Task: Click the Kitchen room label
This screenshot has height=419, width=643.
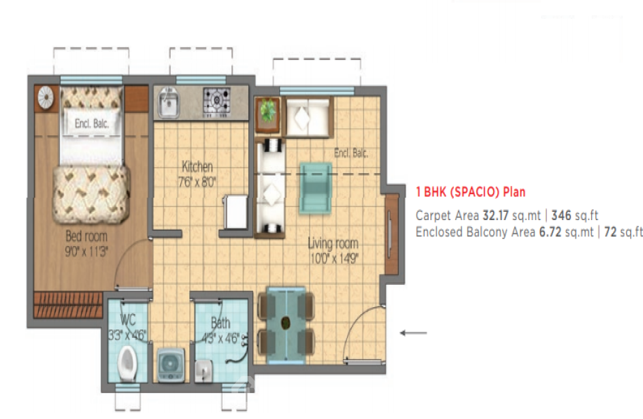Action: (x=197, y=167)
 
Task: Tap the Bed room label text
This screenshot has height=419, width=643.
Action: (x=86, y=236)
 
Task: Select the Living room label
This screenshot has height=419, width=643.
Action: (x=333, y=244)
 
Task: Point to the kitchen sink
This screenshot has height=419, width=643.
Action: (x=169, y=102)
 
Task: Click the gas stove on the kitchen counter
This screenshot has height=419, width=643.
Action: (x=217, y=102)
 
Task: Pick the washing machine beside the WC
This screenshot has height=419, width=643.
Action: (x=171, y=364)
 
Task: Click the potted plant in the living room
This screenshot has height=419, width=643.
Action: (x=268, y=114)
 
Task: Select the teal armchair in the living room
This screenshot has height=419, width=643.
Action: (x=315, y=188)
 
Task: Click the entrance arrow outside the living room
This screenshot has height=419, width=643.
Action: (x=414, y=332)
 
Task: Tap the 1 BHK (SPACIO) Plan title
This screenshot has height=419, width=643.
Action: (x=470, y=192)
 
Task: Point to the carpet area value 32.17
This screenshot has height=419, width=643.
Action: (x=495, y=215)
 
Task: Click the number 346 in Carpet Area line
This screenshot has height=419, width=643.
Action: (x=561, y=215)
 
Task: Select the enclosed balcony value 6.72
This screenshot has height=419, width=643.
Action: (x=550, y=232)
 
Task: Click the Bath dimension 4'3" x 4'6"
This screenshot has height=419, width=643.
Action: (x=220, y=339)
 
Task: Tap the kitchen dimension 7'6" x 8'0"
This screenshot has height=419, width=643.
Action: (x=197, y=181)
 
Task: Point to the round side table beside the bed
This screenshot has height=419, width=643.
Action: (x=46, y=98)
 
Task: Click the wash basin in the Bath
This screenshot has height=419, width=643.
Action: (x=203, y=371)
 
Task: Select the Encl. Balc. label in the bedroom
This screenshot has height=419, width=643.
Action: (x=92, y=123)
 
